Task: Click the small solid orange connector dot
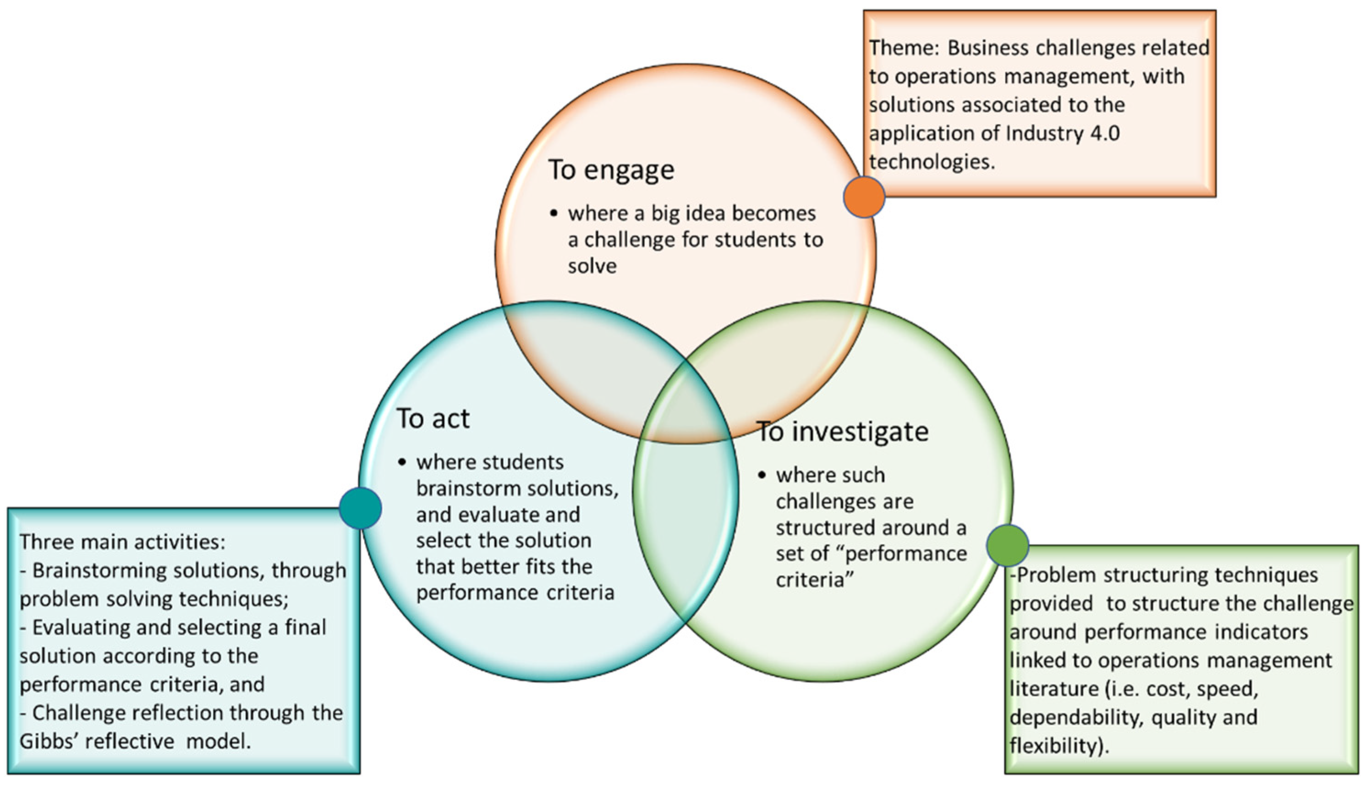[x=864, y=197]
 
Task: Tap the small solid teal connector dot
[x=360, y=508]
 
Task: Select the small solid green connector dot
[x=1007, y=545]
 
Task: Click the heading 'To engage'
[x=611, y=170]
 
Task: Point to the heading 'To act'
[x=433, y=419]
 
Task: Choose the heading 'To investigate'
[x=842, y=432]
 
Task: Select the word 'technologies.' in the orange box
[x=932, y=161]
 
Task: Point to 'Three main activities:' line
[x=122, y=542]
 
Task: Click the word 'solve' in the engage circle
[x=592, y=266]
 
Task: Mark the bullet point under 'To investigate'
[x=762, y=476]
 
